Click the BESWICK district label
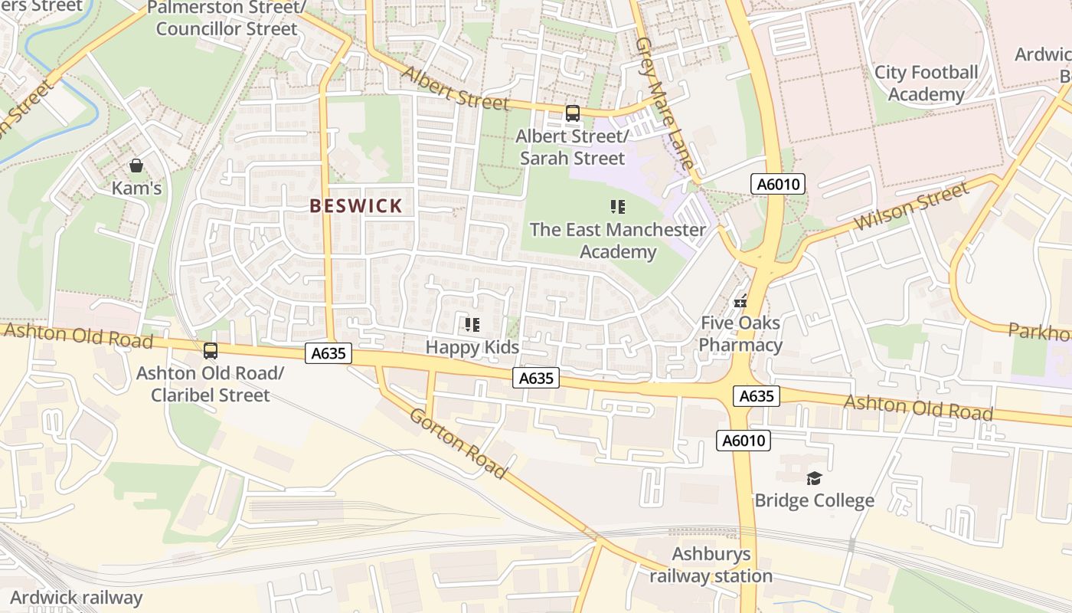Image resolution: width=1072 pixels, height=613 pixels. coord(356,205)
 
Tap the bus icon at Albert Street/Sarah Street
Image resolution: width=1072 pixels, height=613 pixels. coord(572,113)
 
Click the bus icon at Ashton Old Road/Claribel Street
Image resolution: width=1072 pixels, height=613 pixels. coord(210,351)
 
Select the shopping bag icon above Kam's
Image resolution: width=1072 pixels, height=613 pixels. coord(136,166)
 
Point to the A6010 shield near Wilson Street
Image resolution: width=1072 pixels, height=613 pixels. coord(777,184)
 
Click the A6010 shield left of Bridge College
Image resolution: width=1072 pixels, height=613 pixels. coord(744,441)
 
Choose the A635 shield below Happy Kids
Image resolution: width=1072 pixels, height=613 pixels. coord(536,378)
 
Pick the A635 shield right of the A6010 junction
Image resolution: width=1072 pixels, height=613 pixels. coord(757,396)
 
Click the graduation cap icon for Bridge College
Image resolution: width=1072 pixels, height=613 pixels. coord(813,479)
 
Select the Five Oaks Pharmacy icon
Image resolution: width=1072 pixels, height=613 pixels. coord(740,302)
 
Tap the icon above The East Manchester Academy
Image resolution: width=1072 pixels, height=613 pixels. coord(617,207)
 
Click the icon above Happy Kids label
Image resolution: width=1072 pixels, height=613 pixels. coord(472,325)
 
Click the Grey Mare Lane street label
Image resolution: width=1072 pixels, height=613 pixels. coord(667,103)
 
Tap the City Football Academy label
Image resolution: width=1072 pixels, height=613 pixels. coord(926,83)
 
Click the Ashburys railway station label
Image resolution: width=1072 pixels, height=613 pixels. coord(711,565)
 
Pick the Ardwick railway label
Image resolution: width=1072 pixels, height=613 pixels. coord(77,598)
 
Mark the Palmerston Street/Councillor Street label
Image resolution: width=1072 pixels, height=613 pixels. coord(226,18)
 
